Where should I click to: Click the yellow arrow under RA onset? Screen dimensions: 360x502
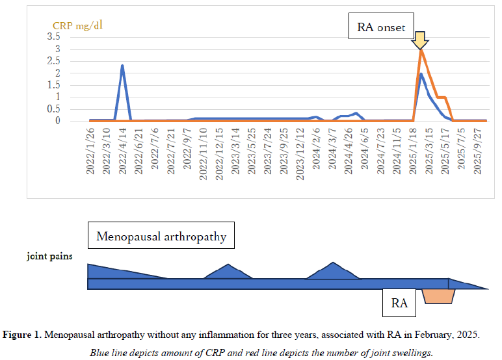420,40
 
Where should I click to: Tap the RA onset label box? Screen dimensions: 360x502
382,27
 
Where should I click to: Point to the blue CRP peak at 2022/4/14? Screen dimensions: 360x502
122,66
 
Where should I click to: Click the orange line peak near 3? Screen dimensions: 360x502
421,51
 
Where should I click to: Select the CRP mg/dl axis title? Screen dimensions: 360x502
77,25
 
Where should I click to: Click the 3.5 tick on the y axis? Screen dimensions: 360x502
72,36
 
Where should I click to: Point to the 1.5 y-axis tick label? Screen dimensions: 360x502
72,85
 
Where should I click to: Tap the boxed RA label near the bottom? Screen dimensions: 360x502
399,303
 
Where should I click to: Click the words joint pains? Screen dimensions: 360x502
49,256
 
